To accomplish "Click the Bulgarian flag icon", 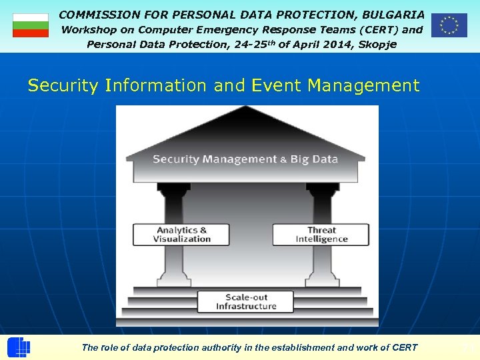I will click(31, 25).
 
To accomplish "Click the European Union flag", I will click(449, 25).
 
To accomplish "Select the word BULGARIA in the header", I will click(393, 14).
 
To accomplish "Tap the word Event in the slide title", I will click(274, 85).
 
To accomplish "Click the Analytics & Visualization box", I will click(181, 235).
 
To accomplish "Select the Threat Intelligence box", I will click(321, 235).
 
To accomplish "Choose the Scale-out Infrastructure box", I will click(246, 301).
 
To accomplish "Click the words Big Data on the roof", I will click(314, 159).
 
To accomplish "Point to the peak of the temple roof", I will click(247, 110).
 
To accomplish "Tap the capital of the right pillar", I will click(323, 191).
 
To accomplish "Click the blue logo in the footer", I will click(19, 347).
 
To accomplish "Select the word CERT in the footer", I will click(404, 347).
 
